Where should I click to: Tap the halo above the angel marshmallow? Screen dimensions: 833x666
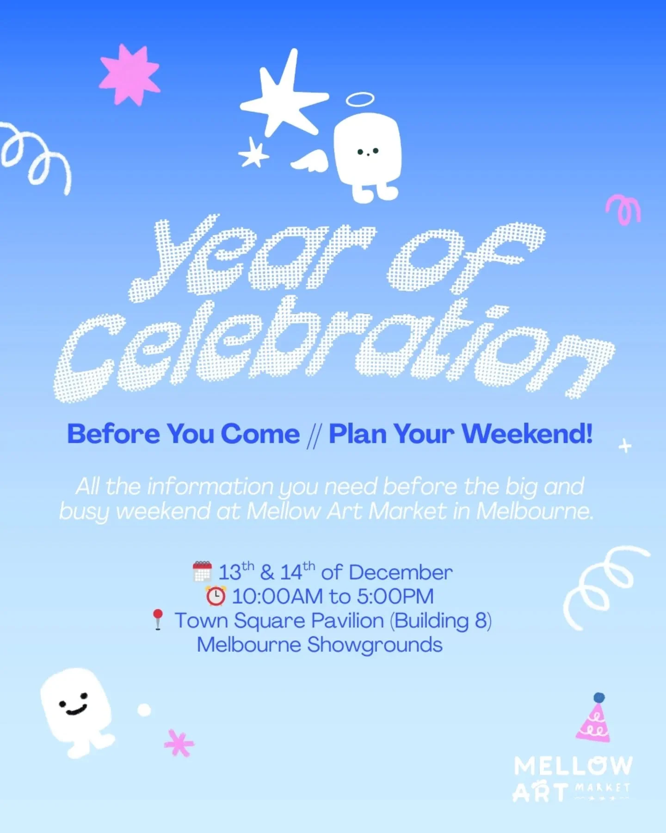tap(360, 99)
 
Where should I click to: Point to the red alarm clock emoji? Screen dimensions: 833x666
tap(216, 596)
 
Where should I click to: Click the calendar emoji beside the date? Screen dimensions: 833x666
tap(202, 572)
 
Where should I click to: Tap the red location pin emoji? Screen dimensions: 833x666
tap(158, 620)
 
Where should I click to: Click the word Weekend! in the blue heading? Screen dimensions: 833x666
tap(527, 434)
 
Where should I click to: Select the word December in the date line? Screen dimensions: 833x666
tap(401, 572)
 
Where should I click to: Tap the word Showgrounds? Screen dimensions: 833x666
tap(375, 645)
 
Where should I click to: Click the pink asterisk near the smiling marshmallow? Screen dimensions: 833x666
tap(179, 743)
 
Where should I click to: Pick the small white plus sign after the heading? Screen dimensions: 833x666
tap(625, 446)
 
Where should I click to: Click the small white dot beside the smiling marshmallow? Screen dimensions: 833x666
tap(144, 709)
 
